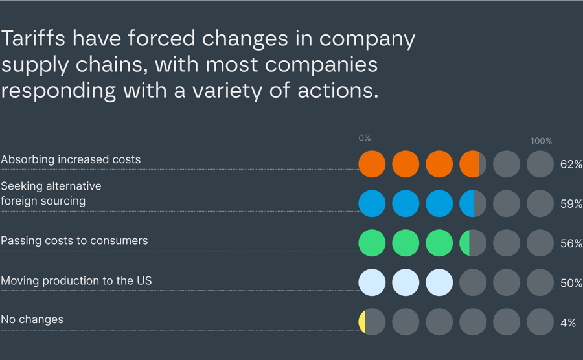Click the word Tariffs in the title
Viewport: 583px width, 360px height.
[33, 39]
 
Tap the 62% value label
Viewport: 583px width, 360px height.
[571, 164]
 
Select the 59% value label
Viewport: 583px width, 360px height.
[571, 204]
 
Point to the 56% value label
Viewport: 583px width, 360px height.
[571, 244]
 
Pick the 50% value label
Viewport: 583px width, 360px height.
[571, 284]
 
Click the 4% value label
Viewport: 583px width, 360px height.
[568, 322]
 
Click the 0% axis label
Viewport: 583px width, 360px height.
[365, 138]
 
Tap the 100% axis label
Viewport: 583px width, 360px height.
[541, 141]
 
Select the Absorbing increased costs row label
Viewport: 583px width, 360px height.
[71, 159]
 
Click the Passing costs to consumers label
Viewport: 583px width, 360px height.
[74, 241]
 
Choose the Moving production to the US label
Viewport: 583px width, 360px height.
[76, 281]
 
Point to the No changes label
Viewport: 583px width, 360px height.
[32, 320]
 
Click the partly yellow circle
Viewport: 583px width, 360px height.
[372, 322]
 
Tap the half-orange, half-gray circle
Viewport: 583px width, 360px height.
[473, 164]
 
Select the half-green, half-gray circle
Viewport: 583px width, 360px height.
[473, 243]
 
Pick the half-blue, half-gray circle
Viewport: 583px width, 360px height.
[473, 204]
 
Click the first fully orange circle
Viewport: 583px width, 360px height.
[372, 164]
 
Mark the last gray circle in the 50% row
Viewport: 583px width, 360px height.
[540, 283]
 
